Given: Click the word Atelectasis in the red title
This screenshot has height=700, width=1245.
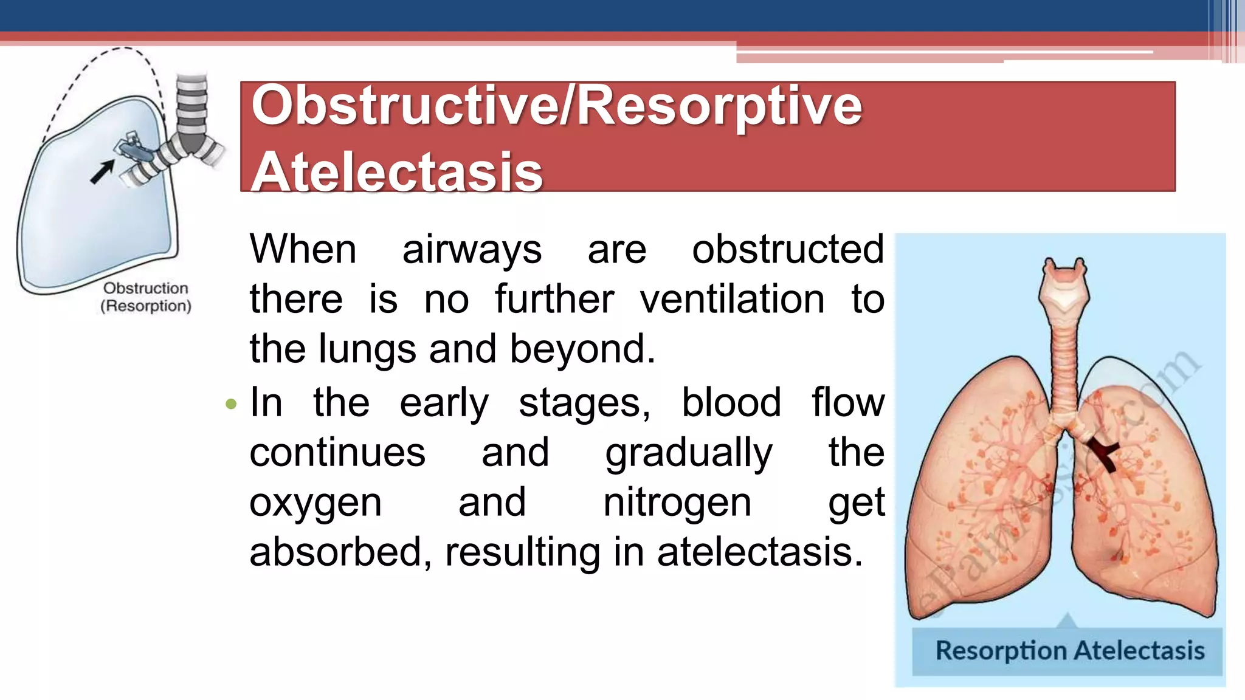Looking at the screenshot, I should [397, 173].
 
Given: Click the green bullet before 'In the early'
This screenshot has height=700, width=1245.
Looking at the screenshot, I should [230, 404].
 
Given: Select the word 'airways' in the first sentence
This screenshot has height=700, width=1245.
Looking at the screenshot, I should [472, 250].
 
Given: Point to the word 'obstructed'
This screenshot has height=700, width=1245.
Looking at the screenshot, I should [788, 250].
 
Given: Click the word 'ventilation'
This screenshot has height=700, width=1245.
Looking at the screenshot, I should [732, 300].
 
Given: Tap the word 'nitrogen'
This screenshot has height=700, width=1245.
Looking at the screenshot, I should [677, 503].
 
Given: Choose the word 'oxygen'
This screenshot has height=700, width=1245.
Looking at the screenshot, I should [316, 504].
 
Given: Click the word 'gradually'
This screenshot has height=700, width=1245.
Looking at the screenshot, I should [689, 453].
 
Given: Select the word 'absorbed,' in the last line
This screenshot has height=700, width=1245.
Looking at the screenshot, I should [340, 552].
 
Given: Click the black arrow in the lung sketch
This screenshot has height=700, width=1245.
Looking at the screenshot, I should [102, 171].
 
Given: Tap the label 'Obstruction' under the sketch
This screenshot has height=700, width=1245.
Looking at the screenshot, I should [145, 288].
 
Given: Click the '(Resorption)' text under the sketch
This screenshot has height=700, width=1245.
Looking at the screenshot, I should [146, 306].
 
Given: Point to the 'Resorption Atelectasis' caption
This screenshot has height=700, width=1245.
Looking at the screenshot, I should [1069, 651].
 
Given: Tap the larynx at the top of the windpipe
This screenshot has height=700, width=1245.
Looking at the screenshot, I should [1064, 286].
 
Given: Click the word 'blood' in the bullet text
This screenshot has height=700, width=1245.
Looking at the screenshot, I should [731, 403].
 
